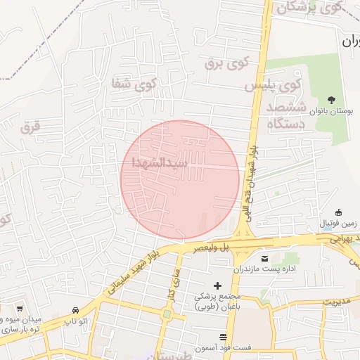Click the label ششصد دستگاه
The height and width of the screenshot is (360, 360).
[x=285, y=115]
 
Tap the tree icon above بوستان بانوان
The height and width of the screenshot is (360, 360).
[x=332, y=100]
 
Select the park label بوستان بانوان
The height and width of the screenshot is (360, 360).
[x=332, y=112]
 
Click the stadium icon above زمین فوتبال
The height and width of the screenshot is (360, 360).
[x=338, y=213]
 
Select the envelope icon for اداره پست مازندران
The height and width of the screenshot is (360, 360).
[x=265, y=258]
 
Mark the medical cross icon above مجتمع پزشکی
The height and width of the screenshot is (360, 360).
[x=217, y=285]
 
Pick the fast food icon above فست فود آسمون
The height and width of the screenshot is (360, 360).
[x=224, y=337]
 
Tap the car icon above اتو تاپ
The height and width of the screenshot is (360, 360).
[x=75, y=310]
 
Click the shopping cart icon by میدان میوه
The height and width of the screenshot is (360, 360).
[x=20, y=309]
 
